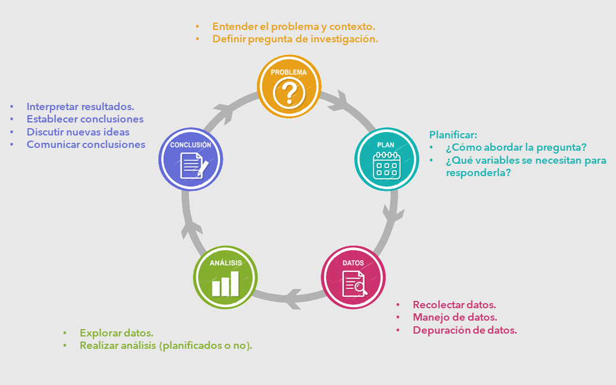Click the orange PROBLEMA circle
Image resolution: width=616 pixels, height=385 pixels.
pos(289,86)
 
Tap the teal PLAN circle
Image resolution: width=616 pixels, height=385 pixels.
pos(387,160)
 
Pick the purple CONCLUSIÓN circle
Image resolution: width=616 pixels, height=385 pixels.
pos(191,160)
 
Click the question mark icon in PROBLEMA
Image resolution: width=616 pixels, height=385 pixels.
pos(289,92)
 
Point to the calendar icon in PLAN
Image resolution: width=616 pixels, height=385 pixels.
pos(387,166)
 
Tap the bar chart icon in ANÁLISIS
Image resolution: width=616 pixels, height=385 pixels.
pos(225,284)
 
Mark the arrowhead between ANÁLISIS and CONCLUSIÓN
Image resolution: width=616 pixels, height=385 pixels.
pos(191,226)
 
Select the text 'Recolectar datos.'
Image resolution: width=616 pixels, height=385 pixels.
pos(455,305)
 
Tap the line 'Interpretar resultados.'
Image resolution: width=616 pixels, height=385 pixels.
pos(80,106)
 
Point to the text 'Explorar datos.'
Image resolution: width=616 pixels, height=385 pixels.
pos(116,333)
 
